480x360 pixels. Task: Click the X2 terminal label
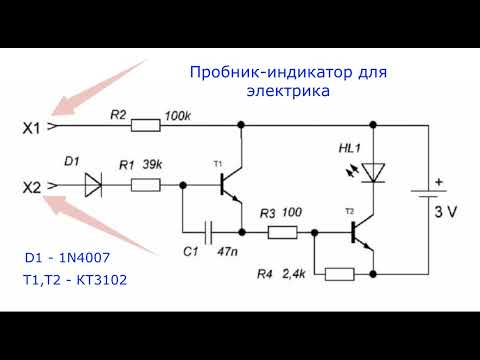click(x=30, y=185)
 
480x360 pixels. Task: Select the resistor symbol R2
click(x=146, y=127)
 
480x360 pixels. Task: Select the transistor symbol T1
click(x=232, y=185)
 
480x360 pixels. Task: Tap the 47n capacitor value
click(x=226, y=254)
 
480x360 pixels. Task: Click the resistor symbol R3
click(x=282, y=233)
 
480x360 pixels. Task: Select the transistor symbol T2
click(x=361, y=233)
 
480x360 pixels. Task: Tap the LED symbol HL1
click(x=374, y=172)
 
